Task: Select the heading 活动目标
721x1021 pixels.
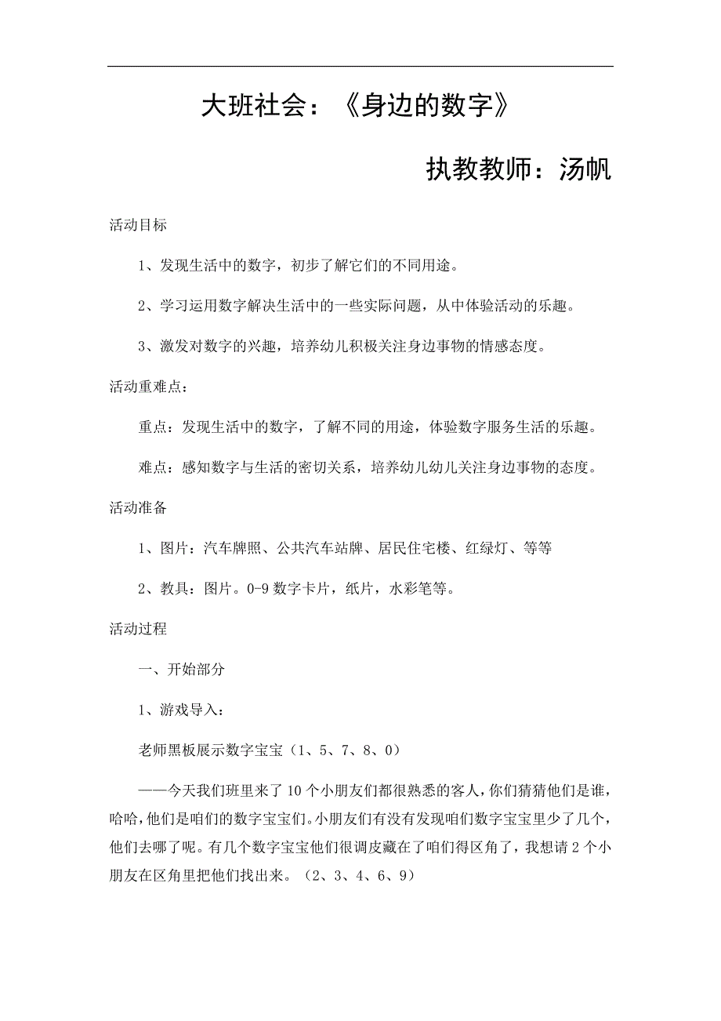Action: click(138, 225)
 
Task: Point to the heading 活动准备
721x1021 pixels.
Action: click(138, 507)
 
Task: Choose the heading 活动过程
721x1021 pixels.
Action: click(138, 628)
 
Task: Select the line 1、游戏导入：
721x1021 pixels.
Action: click(181, 710)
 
